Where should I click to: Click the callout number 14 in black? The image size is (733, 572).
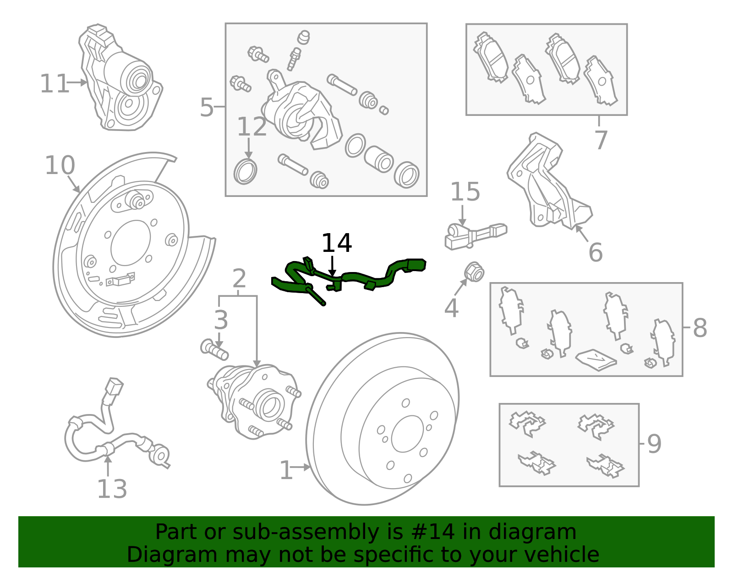click(x=336, y=243)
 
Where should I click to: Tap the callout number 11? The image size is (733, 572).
click(x=54, y=84)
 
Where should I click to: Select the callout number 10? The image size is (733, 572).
click(x=60, y=165)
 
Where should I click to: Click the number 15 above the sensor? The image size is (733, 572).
click(x=465, y=192)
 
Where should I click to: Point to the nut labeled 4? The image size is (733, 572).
click(x=474, y=273)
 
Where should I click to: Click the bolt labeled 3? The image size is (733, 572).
click(x=214, y=350)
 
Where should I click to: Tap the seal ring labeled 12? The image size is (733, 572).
click(x=245, y=172)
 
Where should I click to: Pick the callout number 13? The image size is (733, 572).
click(x=112, y=489)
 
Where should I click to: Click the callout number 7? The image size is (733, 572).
click(x=601, y=140)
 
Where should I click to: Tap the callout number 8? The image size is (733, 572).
click(x=700, y=328)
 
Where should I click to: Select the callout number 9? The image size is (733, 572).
click(x=654, y=444)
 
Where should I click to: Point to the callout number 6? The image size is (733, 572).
click(x=595, y=252)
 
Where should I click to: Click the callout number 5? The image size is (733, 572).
click(x=207, y=108)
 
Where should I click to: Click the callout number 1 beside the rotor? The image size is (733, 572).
click(x=286, y=470)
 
